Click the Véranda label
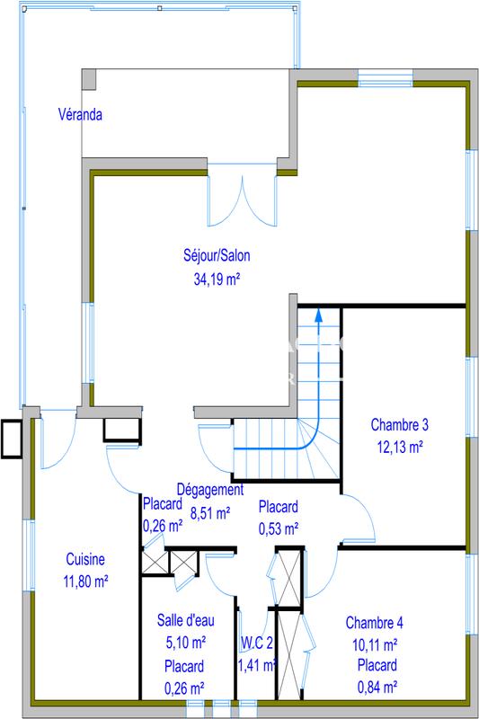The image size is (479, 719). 80,115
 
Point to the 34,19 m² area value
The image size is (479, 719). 217,280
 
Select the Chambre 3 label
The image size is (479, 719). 398,425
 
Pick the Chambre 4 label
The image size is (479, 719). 375,623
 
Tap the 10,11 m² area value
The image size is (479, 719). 375,644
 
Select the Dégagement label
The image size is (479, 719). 209,491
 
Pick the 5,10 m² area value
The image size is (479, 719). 183,644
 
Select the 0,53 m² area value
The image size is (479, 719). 278,528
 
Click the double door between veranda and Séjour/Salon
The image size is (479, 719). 242,196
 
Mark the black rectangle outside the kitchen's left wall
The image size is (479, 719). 12,439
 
